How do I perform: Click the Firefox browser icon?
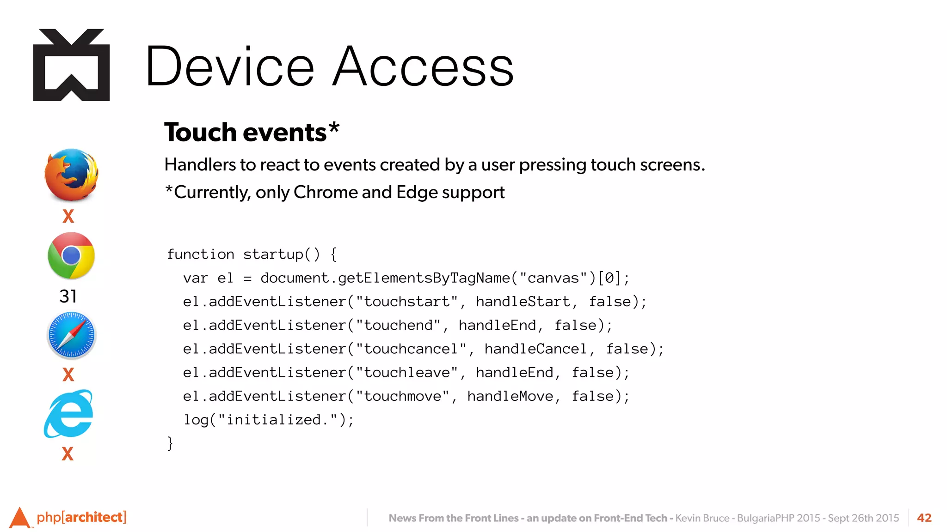pyautogui.click(x=71, y=175)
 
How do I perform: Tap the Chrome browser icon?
pyautogui.click(x=71, y=255)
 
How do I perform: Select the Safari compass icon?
pyautogui.click(x=71, y=335)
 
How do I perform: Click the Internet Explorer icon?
pyautogui.click(x=69, y=414)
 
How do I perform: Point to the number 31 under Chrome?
pyautogui.click(x=68, y=296)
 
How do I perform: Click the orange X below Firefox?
pyautogui.click(x=68, y=216)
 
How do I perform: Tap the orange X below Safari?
pyautogui.click(x=68, y=374)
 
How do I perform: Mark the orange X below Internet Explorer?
pyautogui.click(x=68, y=453)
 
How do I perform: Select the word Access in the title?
pyautogui.click(x=423, y=66)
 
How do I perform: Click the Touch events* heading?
pyautogui.click(x=252, y=132)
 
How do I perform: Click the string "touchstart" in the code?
pyautogui.click(x=406, y=302)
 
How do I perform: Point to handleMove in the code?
pyautogui.click(x=510, y=396)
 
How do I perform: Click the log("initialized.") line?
pyautogui.click(x=269, y=420)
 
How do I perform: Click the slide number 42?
pyautogui.click(x=924, y=518)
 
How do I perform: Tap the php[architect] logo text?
pyautogui.click(x=81, y=517)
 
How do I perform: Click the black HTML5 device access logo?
pyautogui.click(x=71, y=65)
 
